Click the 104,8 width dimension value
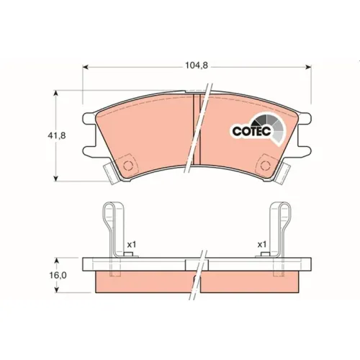click(196, 66)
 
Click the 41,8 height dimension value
click(57, 135)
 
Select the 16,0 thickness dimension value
click(58, 275)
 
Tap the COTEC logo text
click(251, 131)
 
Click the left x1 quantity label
click(132, 245)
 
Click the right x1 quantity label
click(262, 245)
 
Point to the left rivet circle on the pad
click(127, 166)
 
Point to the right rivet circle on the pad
click(266, 166)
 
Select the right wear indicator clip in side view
click(280, 230)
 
